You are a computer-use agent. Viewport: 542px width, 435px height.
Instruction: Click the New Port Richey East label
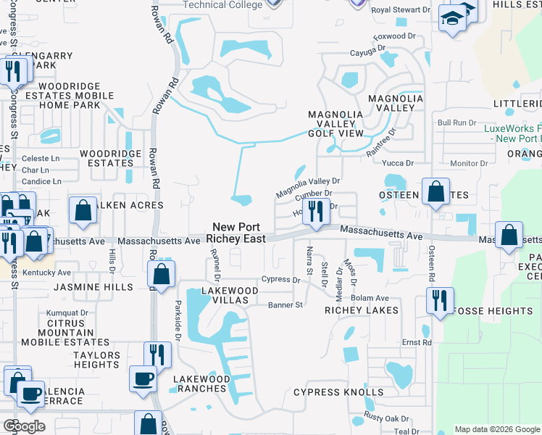click(234, 232)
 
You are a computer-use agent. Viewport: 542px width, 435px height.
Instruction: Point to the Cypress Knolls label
click(338, 392)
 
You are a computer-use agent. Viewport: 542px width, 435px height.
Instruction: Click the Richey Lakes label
click(362, 310)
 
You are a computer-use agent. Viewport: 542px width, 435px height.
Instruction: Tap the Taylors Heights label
click(96, 360)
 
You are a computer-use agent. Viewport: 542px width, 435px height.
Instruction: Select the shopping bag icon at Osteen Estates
click(436, 192)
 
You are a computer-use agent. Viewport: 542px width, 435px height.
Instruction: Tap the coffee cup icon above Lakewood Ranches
click(142, 378)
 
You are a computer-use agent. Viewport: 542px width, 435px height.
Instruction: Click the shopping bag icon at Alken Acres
click(83, 210)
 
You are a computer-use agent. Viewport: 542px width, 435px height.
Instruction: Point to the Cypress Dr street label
click(280, 280)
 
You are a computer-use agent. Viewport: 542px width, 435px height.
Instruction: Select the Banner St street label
click(285, 305)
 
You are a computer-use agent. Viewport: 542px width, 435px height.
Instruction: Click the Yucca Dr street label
click(399, 163)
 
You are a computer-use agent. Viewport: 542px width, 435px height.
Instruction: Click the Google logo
click(24, 426)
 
